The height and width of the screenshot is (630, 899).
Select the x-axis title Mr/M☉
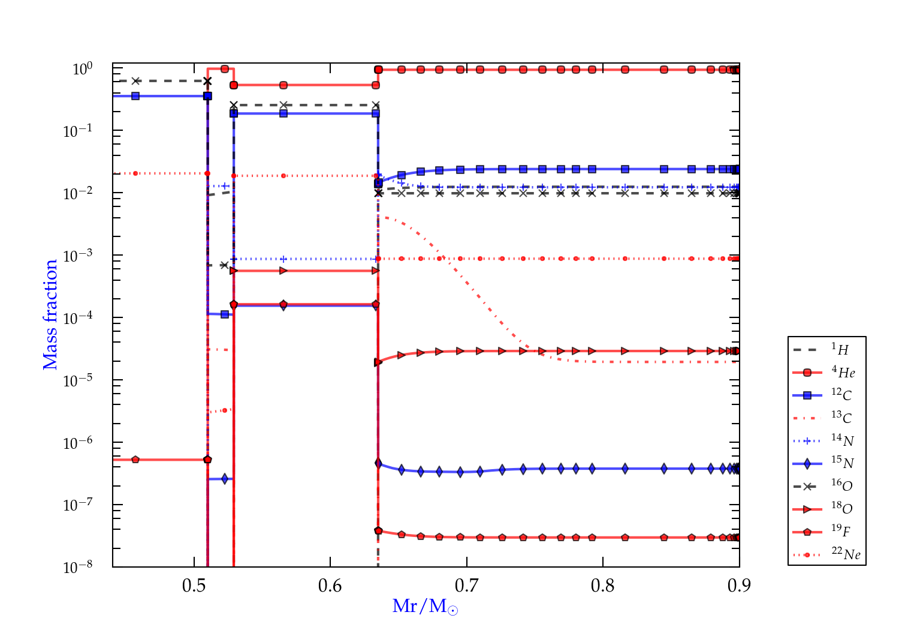pos(426,607)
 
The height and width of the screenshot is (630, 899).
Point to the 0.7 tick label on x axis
pos(466,586)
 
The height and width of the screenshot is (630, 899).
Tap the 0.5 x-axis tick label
pos(194,586)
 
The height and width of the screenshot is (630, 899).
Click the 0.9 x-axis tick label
pos(739,586)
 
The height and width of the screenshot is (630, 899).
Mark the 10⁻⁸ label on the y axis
pos(78,567)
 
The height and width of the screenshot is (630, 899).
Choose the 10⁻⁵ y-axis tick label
pos(78,380)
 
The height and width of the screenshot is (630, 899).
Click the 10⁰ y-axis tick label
pos(82,69)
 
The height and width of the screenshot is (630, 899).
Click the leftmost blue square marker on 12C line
pos(135,96)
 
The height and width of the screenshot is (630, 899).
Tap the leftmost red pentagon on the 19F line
pos(135,460)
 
